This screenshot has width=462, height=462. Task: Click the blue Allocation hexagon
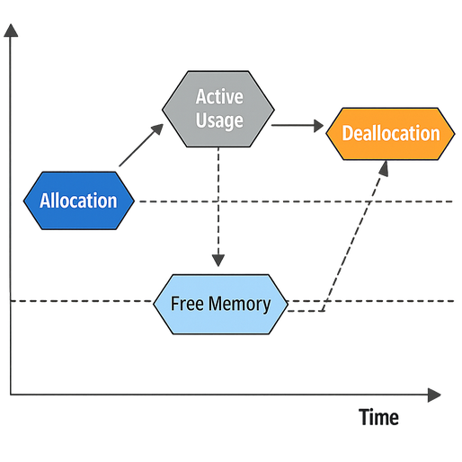pyautogui.click(x=79, y=200)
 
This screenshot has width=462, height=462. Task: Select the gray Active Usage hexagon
pyautogui.click(x=218, y=108)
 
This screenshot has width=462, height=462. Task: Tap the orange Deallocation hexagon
pyautogui.click(x=391, y=134)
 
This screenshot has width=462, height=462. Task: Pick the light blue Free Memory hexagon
pyautogui.click(x=220, y=304)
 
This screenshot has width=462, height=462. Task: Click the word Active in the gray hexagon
pyautogui.click(x=219, y=96)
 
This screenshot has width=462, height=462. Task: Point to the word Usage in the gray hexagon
pyautogui.click(x=219, y=120)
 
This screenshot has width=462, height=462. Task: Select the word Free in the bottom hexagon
pyautogui.click(x=186, y=304)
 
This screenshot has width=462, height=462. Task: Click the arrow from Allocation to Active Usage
pyautogui.click(x=141, y=146)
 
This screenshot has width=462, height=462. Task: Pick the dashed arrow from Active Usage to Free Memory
pyautogui.click(x=218, y=207)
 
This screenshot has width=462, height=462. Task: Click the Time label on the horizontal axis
pyautogui.click(x=379, y=418)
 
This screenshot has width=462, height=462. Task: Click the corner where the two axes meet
pyautogui.click(x=12, y=394)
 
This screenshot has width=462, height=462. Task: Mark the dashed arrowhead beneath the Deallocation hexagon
pyautogui.click(x=385, y=169)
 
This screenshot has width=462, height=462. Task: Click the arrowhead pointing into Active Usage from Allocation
pyautogui.click(x=158, y=128)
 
